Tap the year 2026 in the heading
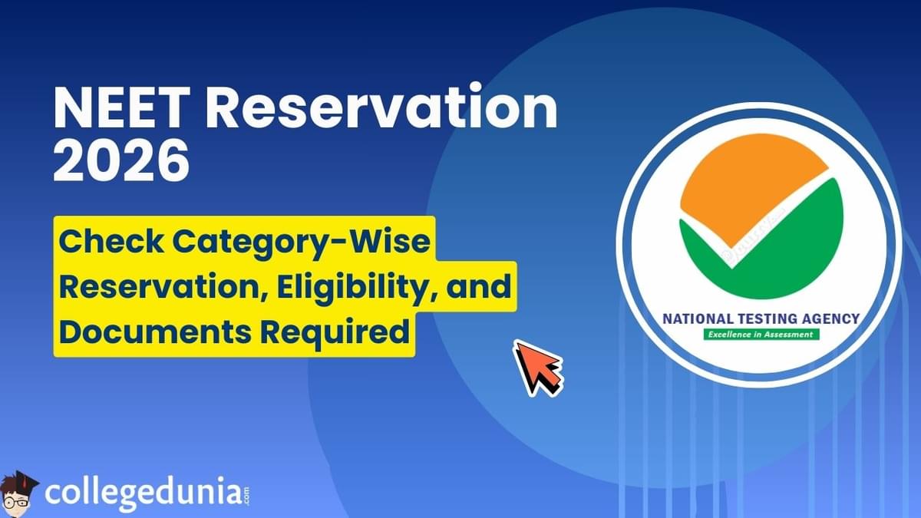[122, 160]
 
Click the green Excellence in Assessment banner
[761, 335]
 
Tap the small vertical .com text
[246, 497]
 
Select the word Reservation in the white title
[381, 108]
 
